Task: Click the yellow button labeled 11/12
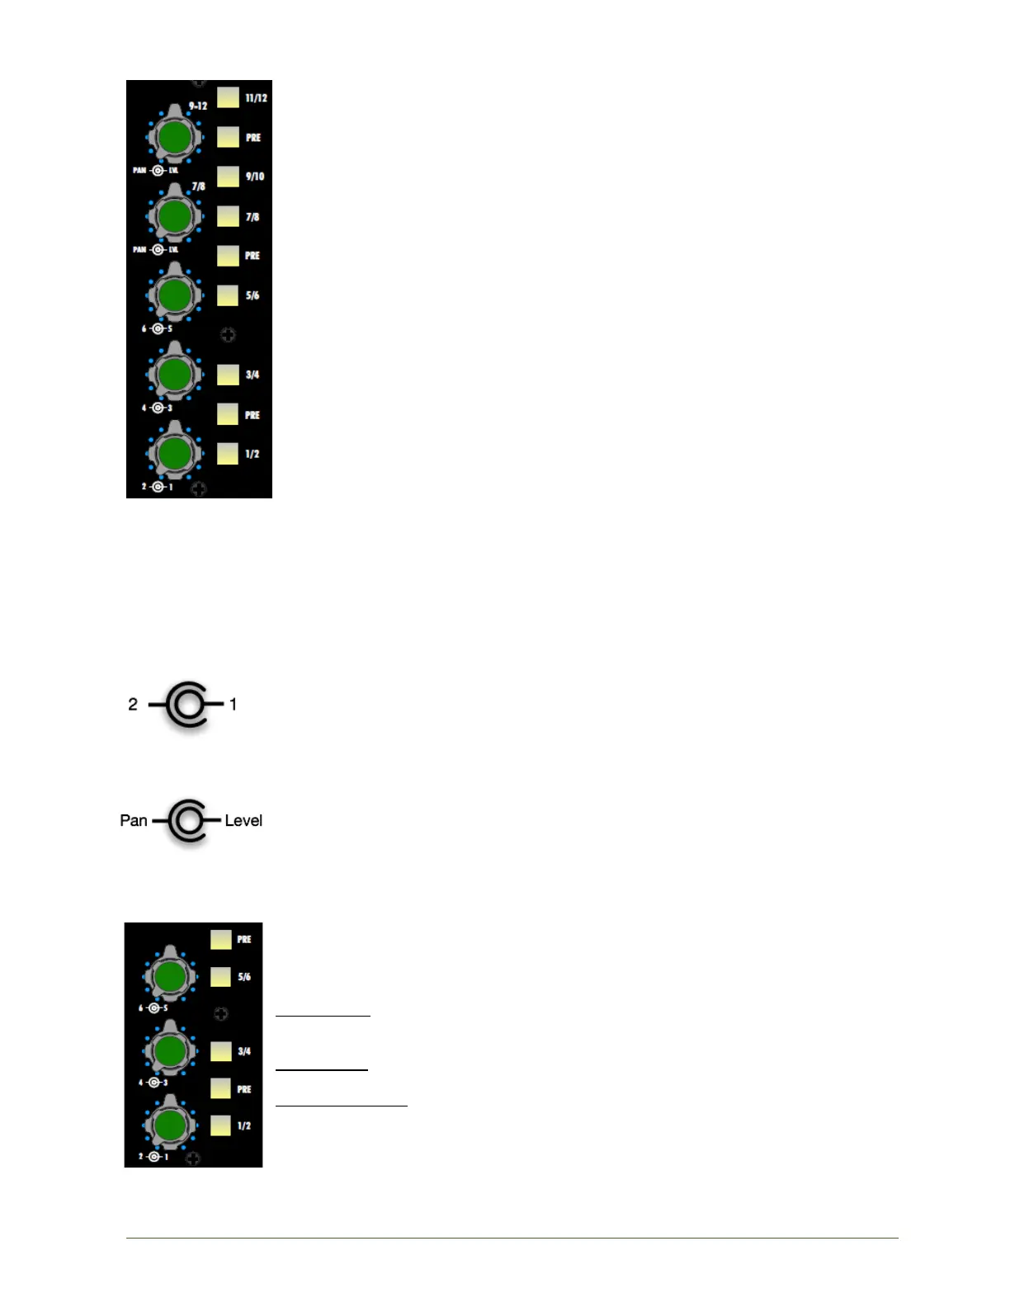coord(229,97)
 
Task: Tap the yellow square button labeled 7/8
coord(229,216)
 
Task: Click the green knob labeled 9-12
coord(175,137)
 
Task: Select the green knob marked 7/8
coord(175,216)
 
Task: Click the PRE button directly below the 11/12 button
coord(229,137)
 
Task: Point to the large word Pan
coord(134,820)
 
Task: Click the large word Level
coord(243,820)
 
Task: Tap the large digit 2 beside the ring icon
coord(133,704)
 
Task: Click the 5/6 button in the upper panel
coord(229,295)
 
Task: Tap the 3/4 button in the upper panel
coord(229,375)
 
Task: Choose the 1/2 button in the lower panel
coord(220,1125)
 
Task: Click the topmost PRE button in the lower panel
coord(220,939)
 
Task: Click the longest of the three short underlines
coord(342,1105)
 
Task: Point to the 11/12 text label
coord(257,97)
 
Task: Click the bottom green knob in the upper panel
coord(175,452)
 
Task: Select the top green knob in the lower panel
coord(170,977)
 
